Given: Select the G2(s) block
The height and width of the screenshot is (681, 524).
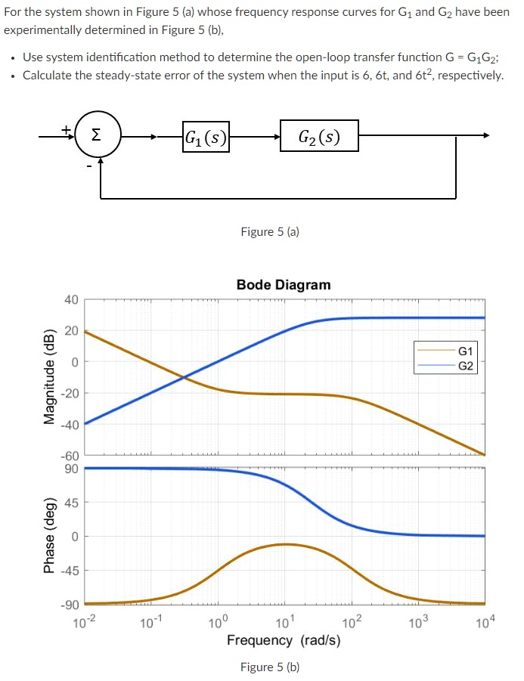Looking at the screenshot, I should pos(318,136).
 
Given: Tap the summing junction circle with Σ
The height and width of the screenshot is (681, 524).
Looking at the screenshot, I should pos(96,135).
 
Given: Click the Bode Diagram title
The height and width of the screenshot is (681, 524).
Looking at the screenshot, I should pos(284,285).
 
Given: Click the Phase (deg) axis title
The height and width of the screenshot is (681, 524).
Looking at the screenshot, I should pos(50,536).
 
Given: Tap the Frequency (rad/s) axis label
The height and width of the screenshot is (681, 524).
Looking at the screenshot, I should pos(284,640).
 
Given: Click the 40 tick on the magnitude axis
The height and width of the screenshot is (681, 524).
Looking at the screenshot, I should pos(70,300).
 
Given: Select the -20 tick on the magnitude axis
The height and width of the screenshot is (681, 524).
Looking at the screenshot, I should pos(69,393).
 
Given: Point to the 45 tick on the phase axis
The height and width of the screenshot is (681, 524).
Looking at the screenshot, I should pos(70,503).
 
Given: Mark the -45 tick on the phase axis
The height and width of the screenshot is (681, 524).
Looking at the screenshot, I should pos(69,571).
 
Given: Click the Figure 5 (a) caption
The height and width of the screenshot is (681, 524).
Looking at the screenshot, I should pos(270,232).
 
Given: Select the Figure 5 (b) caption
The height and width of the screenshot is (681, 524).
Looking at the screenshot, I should pos(270,667).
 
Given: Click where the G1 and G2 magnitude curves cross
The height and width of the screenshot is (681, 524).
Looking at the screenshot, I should pos(184,376).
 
